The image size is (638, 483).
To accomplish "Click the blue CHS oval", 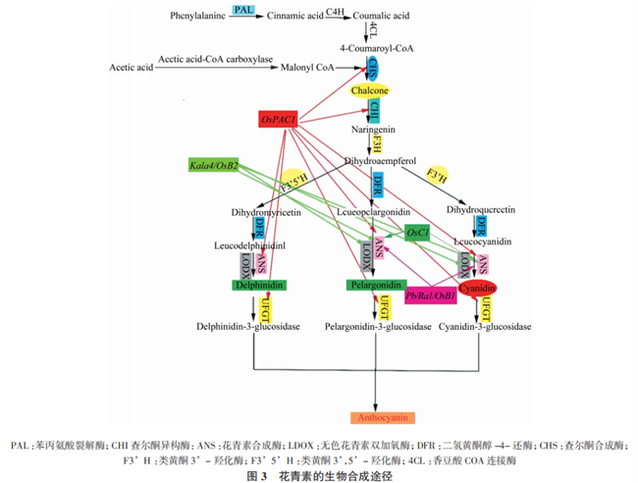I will point(377,68).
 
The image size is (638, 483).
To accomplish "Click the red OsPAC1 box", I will point(279,119).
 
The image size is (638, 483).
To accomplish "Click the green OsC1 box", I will point(417,232).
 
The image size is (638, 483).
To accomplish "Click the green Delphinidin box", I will point(258,285).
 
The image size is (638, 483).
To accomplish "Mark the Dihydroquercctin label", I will point(482,209).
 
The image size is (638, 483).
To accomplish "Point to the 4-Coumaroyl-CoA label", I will point(377,46).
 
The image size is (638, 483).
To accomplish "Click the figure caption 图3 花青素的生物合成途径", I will point(319,474).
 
